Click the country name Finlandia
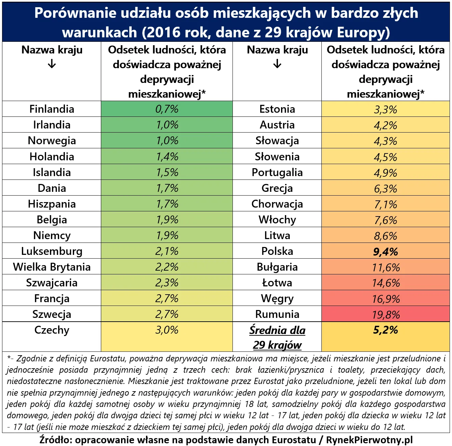click(52, 109)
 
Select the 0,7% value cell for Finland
click(167, 109)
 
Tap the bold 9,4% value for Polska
click(385, 252)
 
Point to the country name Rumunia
click(277, 314)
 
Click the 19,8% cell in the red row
click(386, 314)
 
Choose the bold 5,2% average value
click(385, 330)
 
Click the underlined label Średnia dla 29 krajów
click(277, 337)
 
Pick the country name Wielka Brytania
click(52, 267)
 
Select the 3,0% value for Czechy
click(167, 330)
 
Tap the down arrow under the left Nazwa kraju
click(52, 64)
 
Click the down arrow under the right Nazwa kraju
click(277, 64)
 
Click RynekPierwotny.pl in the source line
click(369, 440)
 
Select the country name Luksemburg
click(52, 251)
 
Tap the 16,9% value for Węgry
click(386, 299)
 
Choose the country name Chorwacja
click(277, 204)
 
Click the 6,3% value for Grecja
click(385, 188)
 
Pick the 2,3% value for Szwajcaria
click(167, 283)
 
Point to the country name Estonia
click(277, 109)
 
